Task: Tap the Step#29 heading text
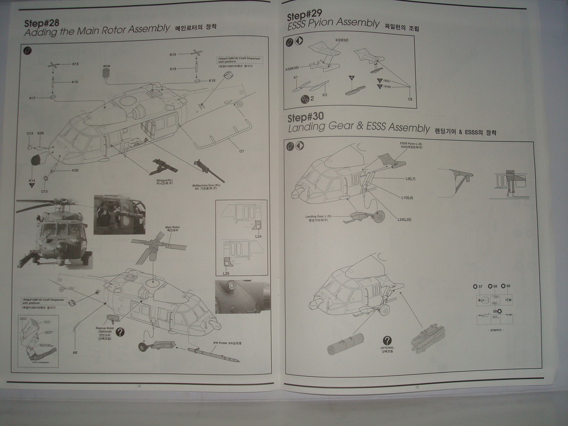tap(305, 13)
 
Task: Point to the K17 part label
tap(33, 98)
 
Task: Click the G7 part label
tap(241, 151)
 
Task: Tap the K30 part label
tap(75, 170)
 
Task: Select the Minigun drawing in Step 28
tap(164, 166)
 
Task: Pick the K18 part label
tap(212, 81)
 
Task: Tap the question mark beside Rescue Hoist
tap(120, 332)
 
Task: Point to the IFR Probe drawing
tap(214, 355)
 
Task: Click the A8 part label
tap(75, 353)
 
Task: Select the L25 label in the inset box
tap(226, 273)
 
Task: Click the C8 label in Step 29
tap(410, 99)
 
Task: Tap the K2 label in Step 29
tap(324, 94)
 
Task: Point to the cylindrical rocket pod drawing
tap(345, 343)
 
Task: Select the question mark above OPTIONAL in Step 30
tap(387, 340)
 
